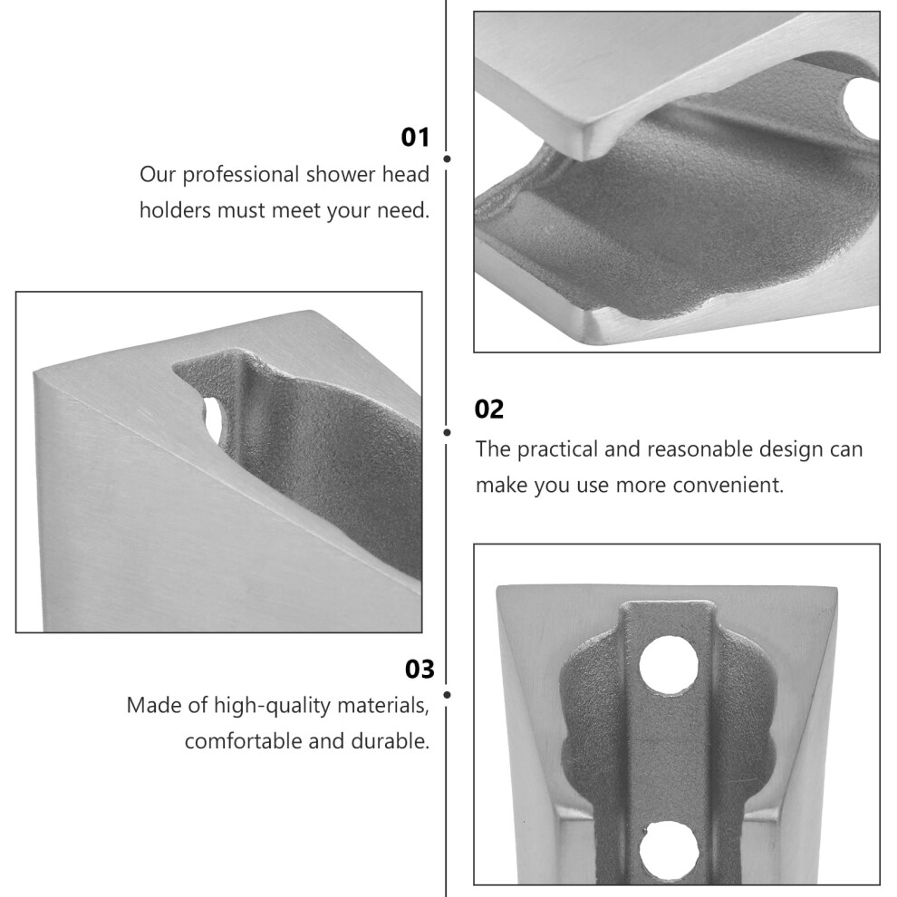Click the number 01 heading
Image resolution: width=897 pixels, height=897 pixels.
[x=415, y=138]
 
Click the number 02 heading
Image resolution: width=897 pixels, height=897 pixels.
[x=489, y=410]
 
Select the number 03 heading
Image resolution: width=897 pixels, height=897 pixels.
[x=420, y=670]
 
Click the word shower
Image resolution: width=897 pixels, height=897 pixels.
[x=341, y=175]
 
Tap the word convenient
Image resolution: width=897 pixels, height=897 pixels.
[x=728, y=486]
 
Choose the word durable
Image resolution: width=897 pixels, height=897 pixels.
[x=391, y=741]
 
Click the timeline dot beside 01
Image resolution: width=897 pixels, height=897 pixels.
[x=447, y=159]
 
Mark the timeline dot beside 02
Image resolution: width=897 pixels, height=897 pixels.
[x=447, y=432]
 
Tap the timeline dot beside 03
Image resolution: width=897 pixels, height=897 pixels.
[x=447, y=695]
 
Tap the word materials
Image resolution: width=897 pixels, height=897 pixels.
[x=383, y=706]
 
